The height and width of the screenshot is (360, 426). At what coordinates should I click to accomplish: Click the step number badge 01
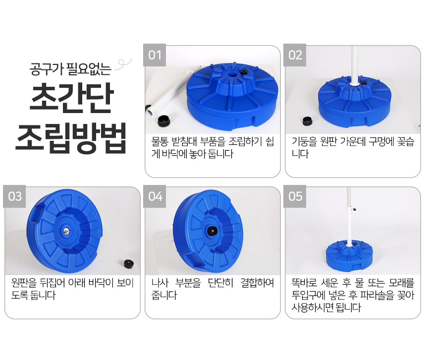(155, 55)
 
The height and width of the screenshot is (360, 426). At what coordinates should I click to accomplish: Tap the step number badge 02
(295, 55)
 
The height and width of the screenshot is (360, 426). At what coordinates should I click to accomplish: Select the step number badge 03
(14, 196)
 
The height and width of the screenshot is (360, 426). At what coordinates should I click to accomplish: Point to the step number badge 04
(155, 196)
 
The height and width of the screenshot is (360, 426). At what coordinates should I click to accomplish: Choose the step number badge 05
(295, 196)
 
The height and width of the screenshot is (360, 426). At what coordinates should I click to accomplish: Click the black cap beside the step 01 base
(164, 120)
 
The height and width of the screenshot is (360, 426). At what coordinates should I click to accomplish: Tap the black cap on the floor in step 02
(307, 121)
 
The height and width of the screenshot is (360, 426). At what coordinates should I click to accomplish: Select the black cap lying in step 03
(129, 263)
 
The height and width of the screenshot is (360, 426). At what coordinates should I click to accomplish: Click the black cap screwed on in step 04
(212, 232)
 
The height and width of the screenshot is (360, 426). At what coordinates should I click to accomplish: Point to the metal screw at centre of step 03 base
(66, 232)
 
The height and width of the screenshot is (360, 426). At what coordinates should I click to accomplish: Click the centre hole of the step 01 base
(232, 75)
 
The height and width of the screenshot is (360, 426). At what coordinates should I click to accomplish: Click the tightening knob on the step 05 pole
(353, 209)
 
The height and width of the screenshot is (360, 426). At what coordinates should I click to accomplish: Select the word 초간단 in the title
(71, 98)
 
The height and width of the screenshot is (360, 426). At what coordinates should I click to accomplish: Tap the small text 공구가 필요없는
(70, 69)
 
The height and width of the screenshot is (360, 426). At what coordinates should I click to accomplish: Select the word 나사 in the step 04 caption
(160, 283)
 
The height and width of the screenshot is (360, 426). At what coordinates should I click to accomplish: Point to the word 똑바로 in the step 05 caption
(304, 283)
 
